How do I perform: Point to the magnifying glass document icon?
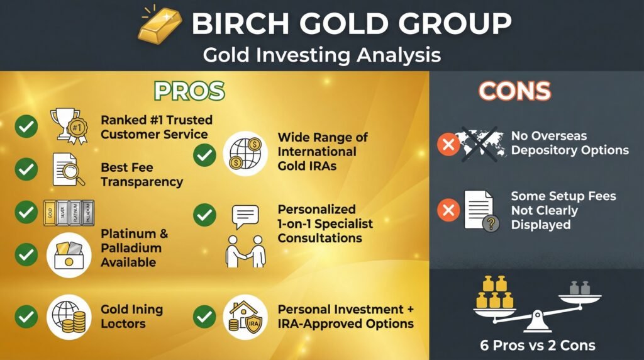[68, 169]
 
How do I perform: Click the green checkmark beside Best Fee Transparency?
[26, 169]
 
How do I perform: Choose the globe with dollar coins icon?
[245, 153]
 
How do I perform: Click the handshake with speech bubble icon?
[245, 235]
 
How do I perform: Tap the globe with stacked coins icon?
[69, 316]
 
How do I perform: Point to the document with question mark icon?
[481, 210]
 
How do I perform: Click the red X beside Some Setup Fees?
[448, 210]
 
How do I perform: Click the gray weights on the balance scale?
[578, 287]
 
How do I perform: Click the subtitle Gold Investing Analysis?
[321, 55]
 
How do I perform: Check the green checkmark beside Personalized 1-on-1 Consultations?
[204, 216]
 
